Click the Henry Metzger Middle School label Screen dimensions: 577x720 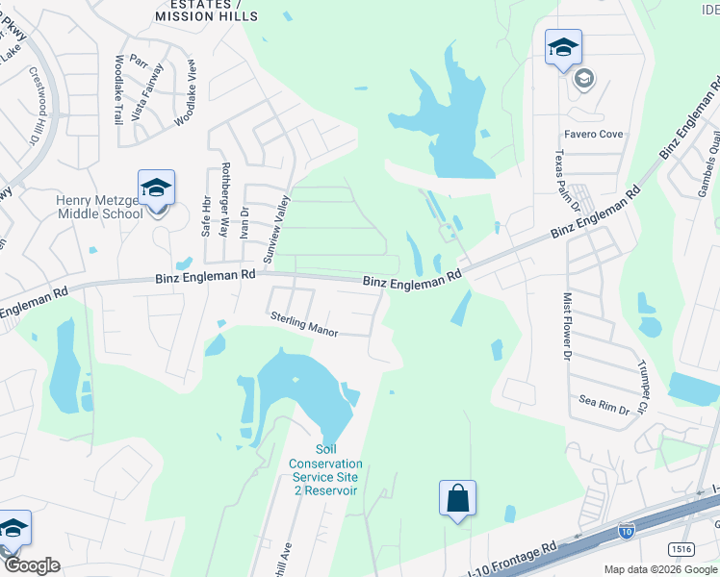99,207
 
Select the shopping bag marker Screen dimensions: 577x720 457,498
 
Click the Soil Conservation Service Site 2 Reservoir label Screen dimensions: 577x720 323,470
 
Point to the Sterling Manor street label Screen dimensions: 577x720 303,323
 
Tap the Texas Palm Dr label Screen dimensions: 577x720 565,181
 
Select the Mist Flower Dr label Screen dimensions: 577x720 567,326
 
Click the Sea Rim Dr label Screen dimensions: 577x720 604,404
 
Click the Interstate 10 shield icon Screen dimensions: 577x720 625,529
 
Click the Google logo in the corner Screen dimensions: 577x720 31,565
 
